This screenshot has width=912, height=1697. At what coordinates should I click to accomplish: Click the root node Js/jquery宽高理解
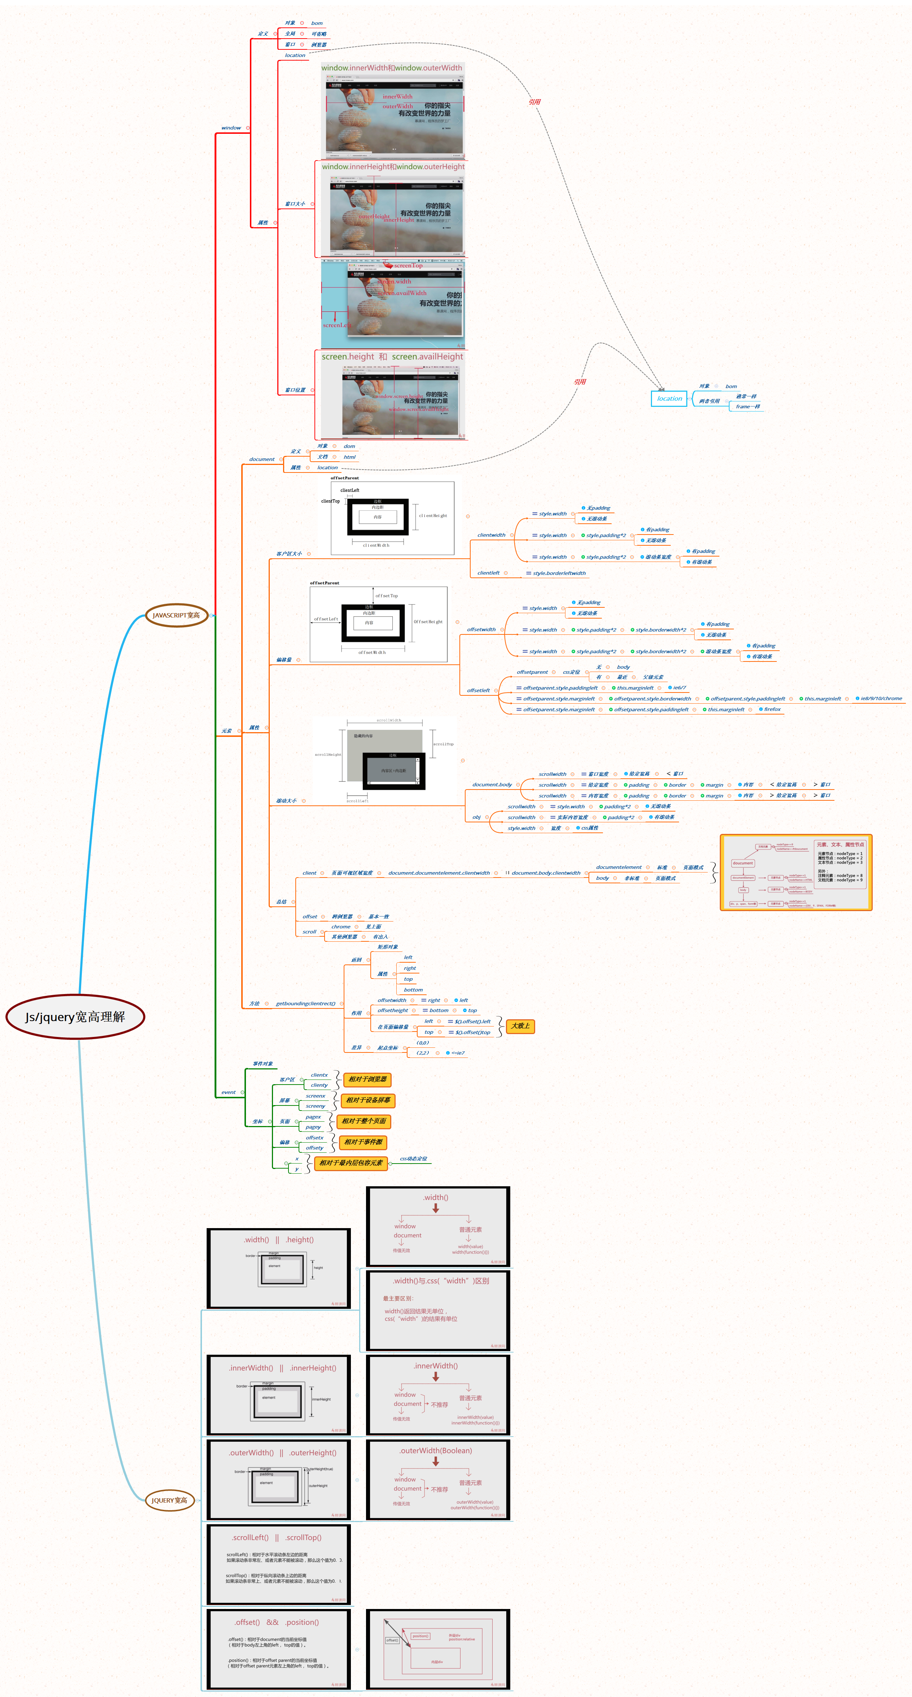point(75,1016)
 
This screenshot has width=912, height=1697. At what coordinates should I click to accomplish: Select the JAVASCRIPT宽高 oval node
point(176,615)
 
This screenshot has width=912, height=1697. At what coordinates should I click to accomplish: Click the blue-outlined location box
point(669,399)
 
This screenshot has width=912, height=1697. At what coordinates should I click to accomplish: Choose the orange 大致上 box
point(520,1026)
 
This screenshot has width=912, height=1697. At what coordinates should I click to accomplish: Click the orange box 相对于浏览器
point(367,1079)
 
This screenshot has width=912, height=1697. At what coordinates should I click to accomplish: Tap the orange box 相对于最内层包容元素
point(351,1163)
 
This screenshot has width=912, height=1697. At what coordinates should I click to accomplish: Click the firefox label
point(772,709)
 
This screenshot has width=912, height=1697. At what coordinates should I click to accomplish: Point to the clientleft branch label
point(488,573)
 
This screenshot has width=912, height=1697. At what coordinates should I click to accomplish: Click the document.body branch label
point(492,784)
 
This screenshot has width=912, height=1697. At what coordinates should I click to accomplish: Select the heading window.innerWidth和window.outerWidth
point(392,68)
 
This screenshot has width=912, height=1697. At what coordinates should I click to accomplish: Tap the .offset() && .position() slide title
point(277,1622)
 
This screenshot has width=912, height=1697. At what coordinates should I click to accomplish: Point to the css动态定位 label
point(414,1159)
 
